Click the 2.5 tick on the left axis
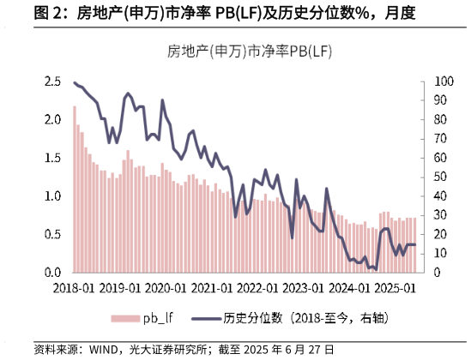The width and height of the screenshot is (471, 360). click(53, 81)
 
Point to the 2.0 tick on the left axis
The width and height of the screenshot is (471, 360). click(53, 120)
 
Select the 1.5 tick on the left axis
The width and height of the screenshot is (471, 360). click(53, 158)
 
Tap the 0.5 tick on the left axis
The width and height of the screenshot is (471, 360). click(53, 234)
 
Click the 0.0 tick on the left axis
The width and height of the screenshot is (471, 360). click(53, 273)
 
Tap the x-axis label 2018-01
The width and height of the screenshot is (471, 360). click(74, 289)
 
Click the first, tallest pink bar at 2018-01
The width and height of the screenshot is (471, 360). click(75, 189)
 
